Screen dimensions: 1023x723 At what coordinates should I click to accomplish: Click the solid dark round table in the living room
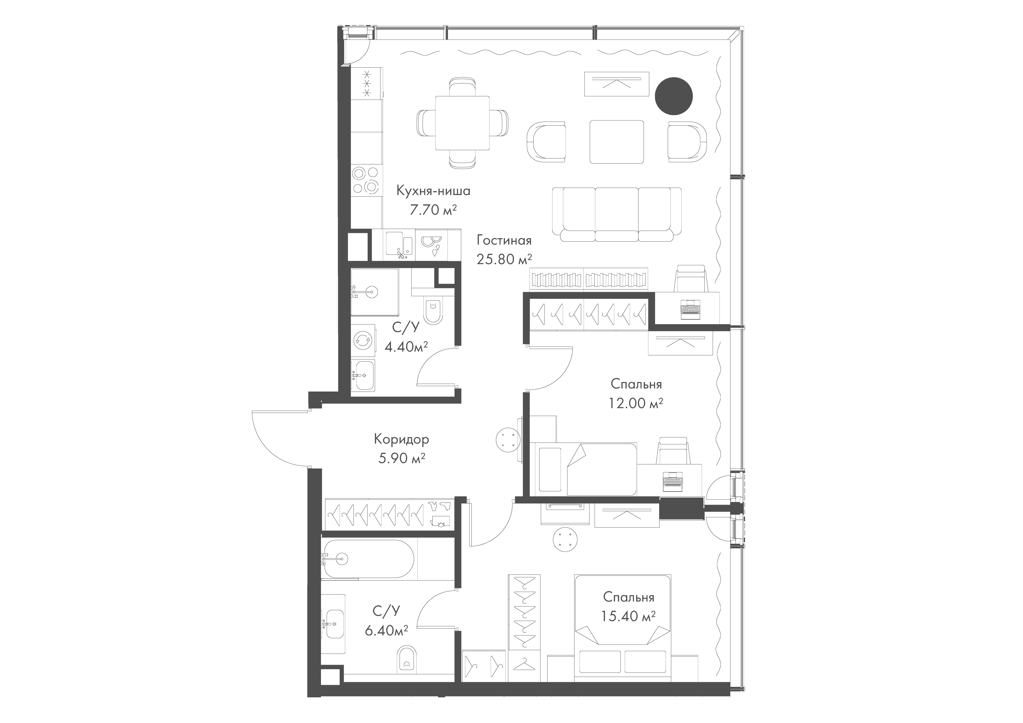[x=674, y=96]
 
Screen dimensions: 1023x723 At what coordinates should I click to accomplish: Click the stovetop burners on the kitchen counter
[x=367, y=180]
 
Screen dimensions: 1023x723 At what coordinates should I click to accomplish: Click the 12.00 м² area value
[x=636, y=403]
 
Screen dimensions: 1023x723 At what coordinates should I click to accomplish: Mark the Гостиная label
[x=504, y=240]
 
